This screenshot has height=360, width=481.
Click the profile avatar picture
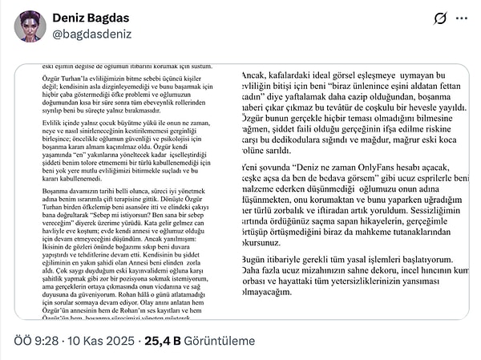30,26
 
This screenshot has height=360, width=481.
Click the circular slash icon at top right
440,18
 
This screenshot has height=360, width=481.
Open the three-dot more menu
463,18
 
